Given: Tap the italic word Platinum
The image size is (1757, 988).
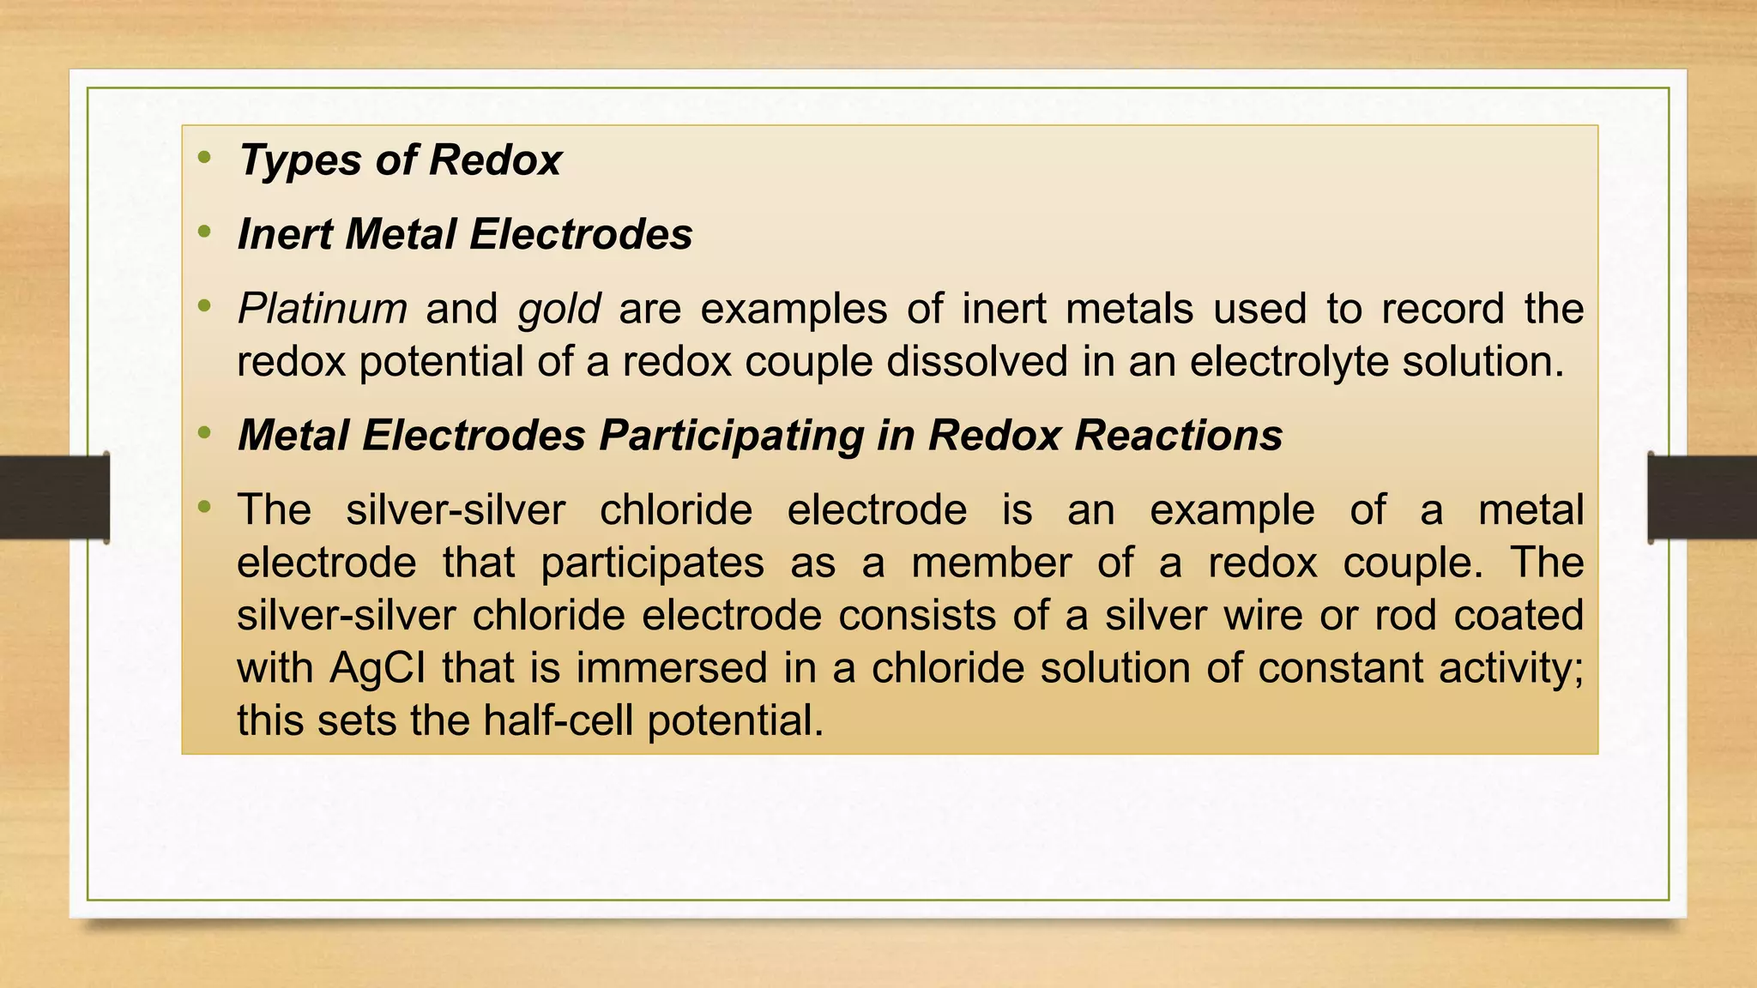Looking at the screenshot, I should tap(322, 309).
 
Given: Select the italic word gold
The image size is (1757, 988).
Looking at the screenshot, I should tap(558, 310).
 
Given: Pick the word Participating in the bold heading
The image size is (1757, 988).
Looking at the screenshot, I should tap(731, 436).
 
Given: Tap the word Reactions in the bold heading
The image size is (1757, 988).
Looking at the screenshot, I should tap(1178, 435).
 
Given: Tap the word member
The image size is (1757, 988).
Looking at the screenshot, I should tap(991, 563).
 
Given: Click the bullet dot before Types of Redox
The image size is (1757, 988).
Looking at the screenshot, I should tap(204, 157).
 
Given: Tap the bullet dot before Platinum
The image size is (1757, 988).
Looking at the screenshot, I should tap(204, 305).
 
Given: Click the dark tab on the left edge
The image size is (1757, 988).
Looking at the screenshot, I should tap(54, 497).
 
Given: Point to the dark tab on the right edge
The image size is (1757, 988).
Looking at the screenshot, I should tap(1702, 497).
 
